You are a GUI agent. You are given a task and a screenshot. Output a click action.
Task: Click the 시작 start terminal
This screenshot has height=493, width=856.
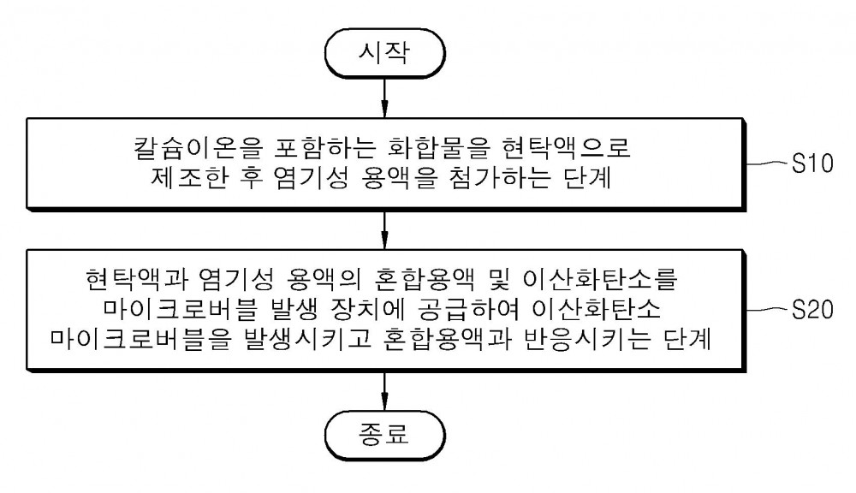[x=385, y=53]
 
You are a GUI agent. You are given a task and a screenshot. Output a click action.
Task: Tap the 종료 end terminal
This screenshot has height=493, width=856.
[x=385, y=435]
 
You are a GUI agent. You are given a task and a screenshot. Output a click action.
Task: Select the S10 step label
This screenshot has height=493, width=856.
[x=812, y=163]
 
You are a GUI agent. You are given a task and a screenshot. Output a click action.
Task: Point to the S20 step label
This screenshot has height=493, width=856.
[x=812, y=310]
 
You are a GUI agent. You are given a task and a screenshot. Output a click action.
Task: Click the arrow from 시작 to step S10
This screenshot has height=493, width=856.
[x=385, y=98]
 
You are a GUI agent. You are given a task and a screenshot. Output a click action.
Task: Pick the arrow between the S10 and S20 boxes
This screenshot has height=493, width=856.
[x=385, y=230]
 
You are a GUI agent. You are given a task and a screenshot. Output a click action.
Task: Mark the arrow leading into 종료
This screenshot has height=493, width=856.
[x=385, y=391]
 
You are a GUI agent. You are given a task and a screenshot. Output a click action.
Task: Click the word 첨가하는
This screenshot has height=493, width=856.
[x=500, y=178]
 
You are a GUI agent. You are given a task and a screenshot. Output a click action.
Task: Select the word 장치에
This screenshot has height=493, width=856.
[x=368, y=309]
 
